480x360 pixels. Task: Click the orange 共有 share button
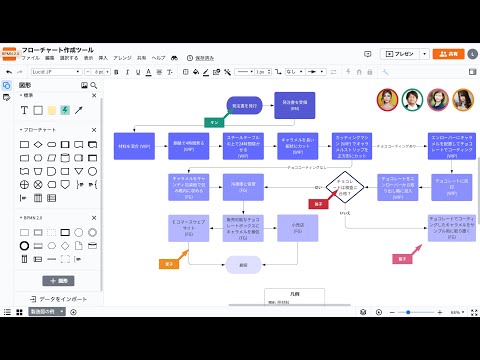[x=452, y=53]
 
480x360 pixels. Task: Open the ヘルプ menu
[x=159, y=58]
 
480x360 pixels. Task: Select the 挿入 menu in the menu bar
[x=102, y=58]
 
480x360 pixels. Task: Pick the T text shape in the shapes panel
[x=37, y=110]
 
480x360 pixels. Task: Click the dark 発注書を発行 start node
[x=245, y=105]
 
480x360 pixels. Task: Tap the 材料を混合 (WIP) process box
[x=132, y=146]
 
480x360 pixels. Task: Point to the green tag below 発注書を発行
[x=214, y=121]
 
